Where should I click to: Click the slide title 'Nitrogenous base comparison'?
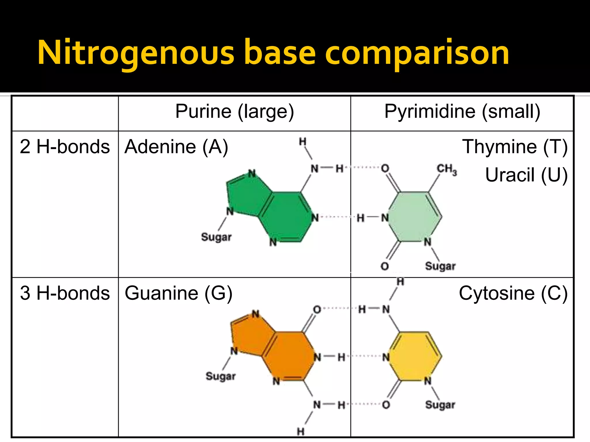pos(273,53)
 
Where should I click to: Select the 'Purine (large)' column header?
pos(235,112)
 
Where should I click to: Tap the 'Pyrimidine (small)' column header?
pos(462,112)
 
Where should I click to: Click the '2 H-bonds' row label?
pos(65,147)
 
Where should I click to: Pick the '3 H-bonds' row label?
pos(65,294)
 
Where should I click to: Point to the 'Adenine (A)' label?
pos(176,147)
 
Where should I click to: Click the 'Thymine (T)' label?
pos(515,147)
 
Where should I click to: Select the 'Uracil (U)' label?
pos(526,175)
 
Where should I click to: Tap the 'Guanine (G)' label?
pos(178,294)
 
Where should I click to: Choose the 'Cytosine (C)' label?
pos(513,294)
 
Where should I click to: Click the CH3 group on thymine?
pos(447,169)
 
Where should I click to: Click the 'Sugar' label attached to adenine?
pos(216,237)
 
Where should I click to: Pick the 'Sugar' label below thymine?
pos(440,266)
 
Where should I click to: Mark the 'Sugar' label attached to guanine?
pos(221,376)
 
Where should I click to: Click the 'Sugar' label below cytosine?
pos(440,405)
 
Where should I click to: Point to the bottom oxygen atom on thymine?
pos(385,266)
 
